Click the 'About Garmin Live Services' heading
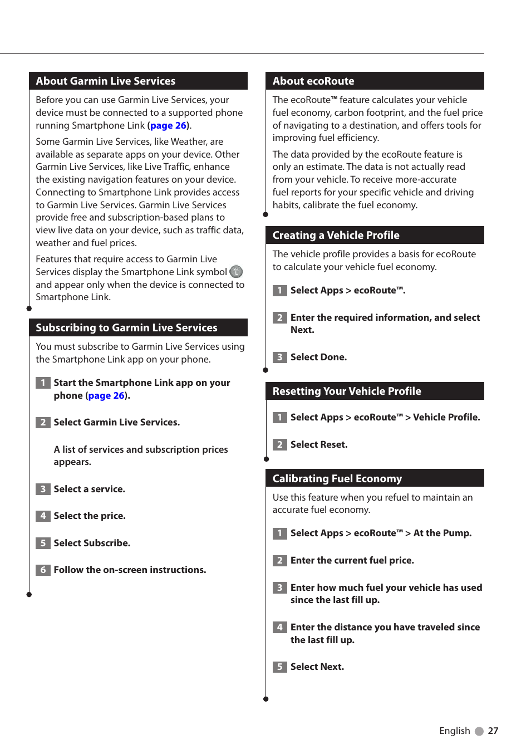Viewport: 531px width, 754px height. point(105,81)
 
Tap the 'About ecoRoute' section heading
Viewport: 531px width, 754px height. point(313,81)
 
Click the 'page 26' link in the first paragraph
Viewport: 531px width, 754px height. point(169,125)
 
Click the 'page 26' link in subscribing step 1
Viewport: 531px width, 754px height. point(106,395)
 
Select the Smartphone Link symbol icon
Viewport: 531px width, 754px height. point(236,272)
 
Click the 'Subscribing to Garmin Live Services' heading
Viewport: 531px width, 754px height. point(126,327)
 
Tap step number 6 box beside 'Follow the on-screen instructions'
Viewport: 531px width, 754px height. point(43,570)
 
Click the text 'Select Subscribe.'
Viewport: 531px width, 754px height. point(92,543)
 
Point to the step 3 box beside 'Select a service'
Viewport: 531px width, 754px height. point(43,489)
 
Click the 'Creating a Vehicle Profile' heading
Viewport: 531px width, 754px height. point(336,235)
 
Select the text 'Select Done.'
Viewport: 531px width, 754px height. point(318,357)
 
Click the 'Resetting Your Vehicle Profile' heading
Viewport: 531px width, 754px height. point(346,391)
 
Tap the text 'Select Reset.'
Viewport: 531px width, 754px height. point(319,444)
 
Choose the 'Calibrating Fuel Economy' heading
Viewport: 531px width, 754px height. point(337,478)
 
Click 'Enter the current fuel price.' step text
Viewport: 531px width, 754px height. point(352,560)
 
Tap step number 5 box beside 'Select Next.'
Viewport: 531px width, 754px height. point(279,667)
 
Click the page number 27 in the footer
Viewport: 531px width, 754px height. point(493,731)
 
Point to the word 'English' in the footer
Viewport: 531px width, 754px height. point(454,731)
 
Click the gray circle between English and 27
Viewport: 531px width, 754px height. point(479,731)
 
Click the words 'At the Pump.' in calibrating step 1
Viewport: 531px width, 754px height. point(442,533)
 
